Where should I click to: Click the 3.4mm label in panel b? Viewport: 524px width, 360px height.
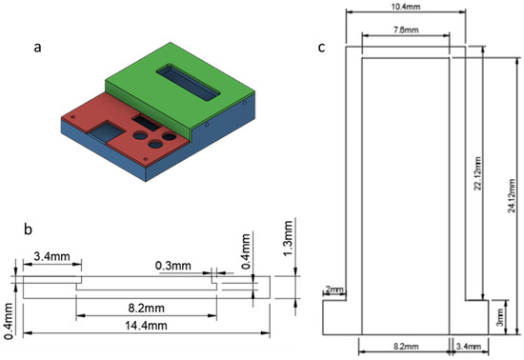pos(49,255)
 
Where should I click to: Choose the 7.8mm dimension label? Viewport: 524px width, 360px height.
pos(405,30)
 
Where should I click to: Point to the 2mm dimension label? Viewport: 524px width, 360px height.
pos(333,289)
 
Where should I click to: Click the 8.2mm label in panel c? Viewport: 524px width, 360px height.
pos(404,350)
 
